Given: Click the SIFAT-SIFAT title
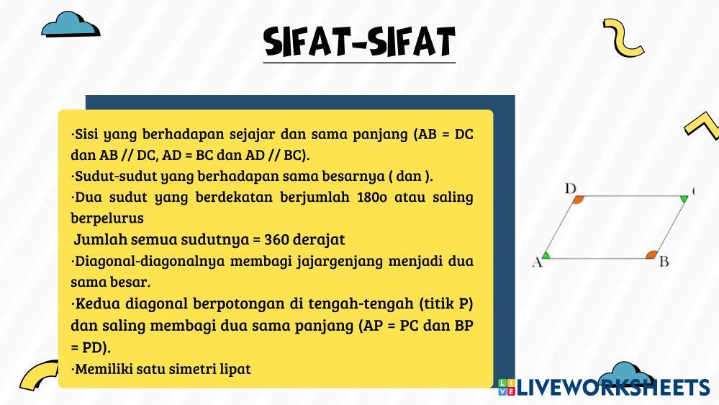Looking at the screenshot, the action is click(x=360, y=42).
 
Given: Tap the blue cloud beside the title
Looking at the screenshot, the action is click(x=71, y=25).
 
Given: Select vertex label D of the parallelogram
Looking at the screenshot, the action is click(x=571, y=189).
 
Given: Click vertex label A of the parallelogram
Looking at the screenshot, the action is click(x=538, y=262).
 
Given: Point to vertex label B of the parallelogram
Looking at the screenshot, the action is click(x=664, y=262).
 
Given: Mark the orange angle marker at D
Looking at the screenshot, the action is click(x=578, y=200).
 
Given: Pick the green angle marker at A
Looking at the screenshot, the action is click(x=546, y=255).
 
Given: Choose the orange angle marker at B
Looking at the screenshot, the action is click(x=651, y=255).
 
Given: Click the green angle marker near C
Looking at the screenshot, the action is click(x=684, y=200).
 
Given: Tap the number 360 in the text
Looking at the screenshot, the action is click(x=276, y=239).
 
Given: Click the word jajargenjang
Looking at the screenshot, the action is click(x=340, y=262).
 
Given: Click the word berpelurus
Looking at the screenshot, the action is click(x=107, y=218).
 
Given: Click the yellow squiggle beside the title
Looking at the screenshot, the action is click(x=623, y=37).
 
